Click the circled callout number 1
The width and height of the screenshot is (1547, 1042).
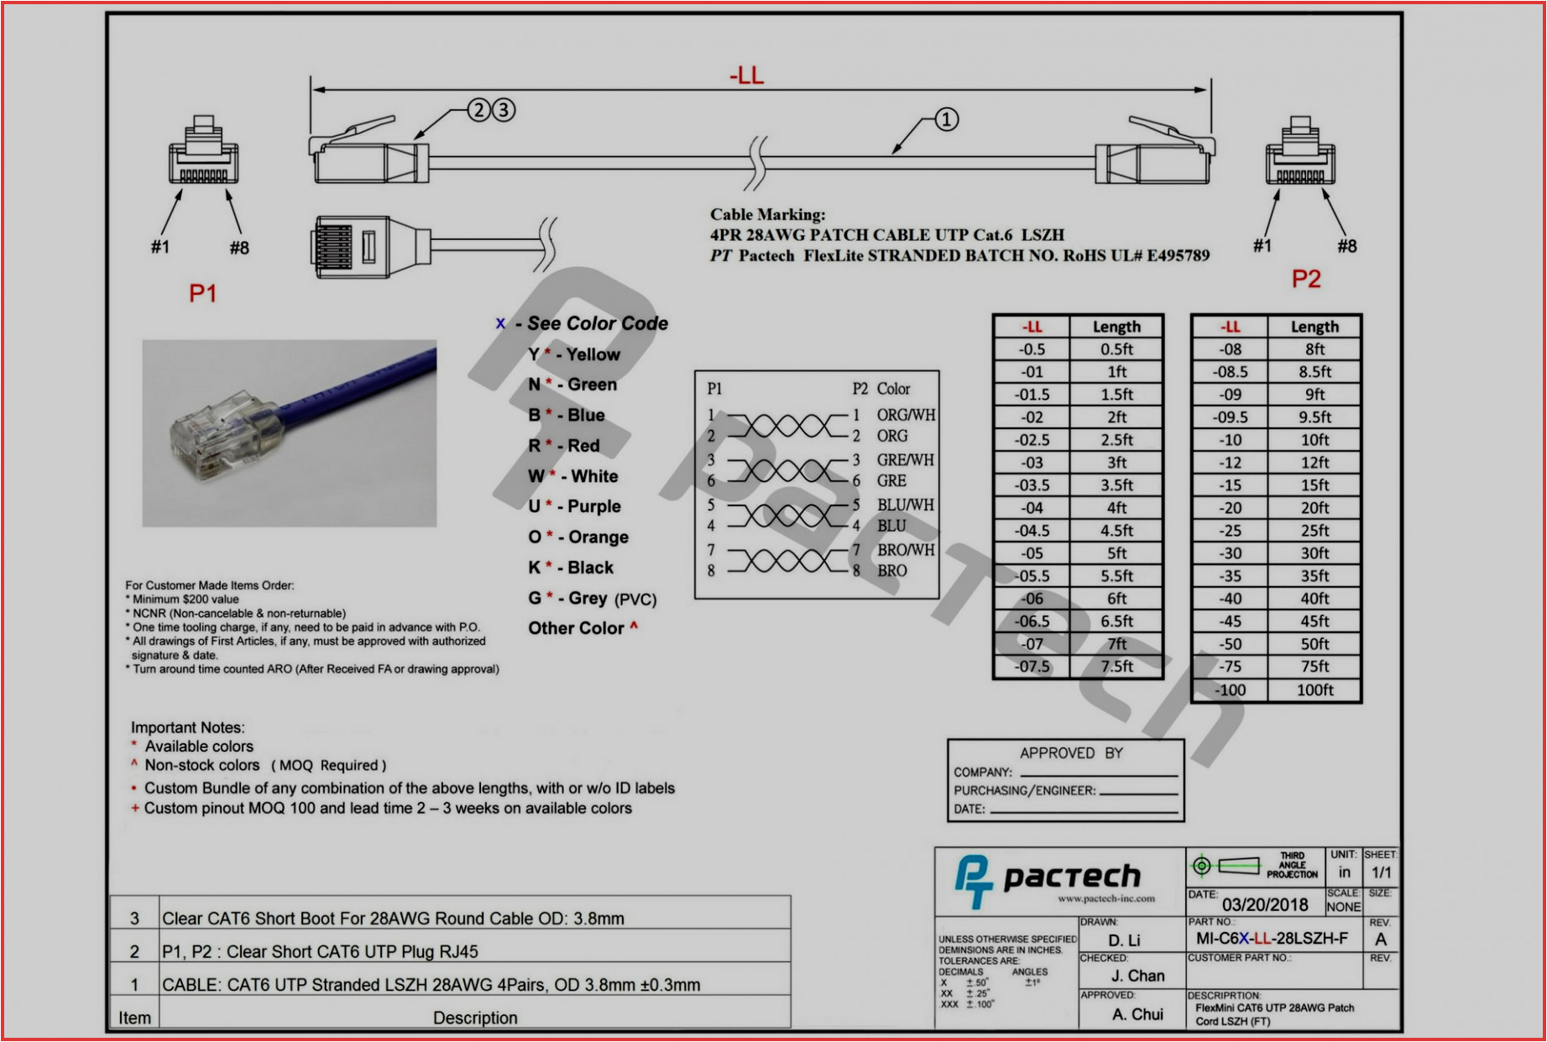[946, 119]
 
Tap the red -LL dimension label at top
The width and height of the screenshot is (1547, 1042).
[746, 76]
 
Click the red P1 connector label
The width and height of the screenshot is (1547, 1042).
[202, 293]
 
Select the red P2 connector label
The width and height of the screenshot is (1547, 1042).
[1305, 279]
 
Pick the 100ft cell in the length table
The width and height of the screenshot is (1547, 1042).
[1314, 690]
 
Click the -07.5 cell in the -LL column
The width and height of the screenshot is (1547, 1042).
[1032, 667]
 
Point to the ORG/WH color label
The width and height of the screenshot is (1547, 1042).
[906, 415]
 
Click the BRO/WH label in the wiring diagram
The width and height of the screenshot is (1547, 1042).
[905, 550]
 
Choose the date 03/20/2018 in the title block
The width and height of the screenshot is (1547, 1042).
[1264, 904]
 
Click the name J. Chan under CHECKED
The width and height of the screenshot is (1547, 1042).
[1137, 976]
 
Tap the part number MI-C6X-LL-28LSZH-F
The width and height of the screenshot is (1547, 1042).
[1272, 939]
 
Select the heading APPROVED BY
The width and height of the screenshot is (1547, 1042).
[1071, 753]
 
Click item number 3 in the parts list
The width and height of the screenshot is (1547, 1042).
[134, 919]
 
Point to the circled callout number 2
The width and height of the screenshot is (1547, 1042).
[478, 110]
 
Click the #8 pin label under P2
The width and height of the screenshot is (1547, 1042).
[1346, 246]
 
